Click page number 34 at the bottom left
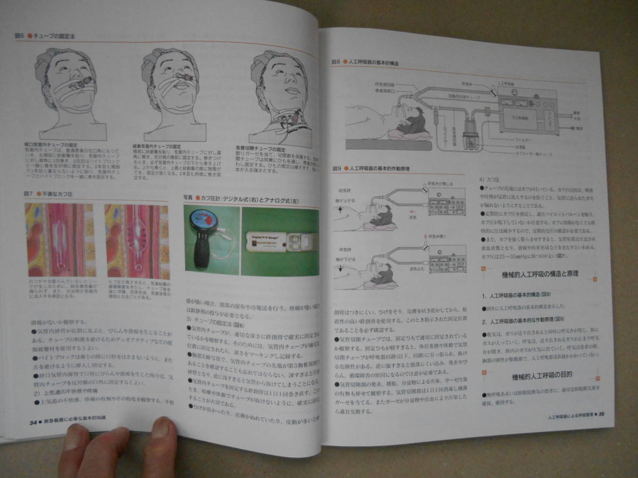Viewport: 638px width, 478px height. (33, 421)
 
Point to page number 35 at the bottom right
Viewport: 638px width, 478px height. (601, 415)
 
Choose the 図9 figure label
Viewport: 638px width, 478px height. (335, 169)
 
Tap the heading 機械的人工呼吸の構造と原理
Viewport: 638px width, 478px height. (540, 274)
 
